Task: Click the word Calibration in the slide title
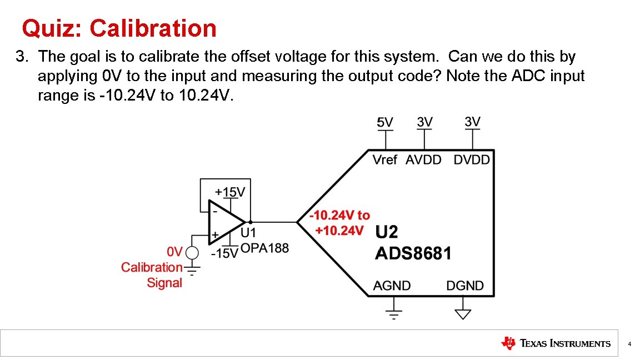click(153, 28)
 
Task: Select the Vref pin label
click(385, 160)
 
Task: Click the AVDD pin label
click(423, 160)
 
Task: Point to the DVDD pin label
click(472, 160)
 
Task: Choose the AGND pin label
click(392, 286)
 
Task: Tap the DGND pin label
click(465, 286)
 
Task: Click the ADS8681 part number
click(413, 254)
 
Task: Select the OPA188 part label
click(264, 248)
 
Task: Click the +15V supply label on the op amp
click(230, 192)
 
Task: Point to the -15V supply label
click(224, 253)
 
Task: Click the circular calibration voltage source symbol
click(192, 253)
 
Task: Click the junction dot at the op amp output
click(251, 222)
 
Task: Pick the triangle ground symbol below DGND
click(462, 314)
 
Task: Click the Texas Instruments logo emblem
click(508, 343)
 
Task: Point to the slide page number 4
click(629, 344)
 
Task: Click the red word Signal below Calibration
click(164, 283)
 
